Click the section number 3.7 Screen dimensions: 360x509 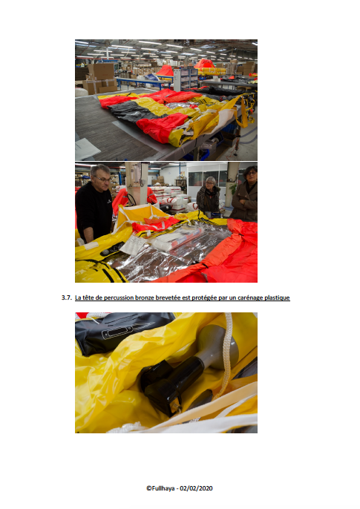[x=67, y=298]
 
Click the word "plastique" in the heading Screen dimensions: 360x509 [x=277, y=298]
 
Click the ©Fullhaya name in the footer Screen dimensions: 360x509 [x=160, y=488]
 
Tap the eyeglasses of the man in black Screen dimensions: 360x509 [x=102, y=179]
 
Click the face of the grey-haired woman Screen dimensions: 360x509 [x=210, y=185]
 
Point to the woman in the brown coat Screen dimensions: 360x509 [x=245, y=194]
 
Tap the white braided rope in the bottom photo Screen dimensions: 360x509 [x=227, y=354]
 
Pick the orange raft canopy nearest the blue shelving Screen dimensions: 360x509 [x=166, y=70]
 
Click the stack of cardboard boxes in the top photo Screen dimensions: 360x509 [x=101, y=77]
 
